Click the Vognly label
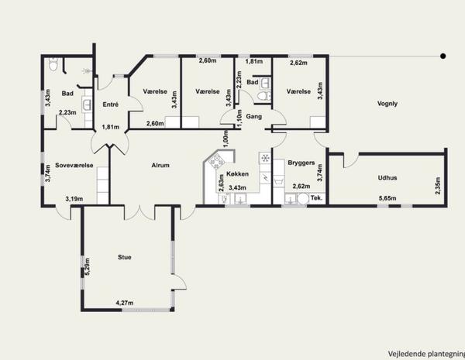387,104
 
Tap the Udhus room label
387,178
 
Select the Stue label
125,257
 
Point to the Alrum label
160,166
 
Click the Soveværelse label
74,166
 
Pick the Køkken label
237,174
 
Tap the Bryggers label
301,163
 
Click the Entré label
111,105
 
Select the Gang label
254,116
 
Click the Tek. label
316,198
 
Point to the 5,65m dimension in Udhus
387,198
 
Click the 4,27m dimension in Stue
125,303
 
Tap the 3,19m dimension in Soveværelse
74,198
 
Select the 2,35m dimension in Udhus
438,186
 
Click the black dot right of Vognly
443,56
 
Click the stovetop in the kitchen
217,162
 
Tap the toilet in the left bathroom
53,64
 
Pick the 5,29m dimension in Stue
87,267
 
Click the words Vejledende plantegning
426,354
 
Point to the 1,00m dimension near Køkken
226,139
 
